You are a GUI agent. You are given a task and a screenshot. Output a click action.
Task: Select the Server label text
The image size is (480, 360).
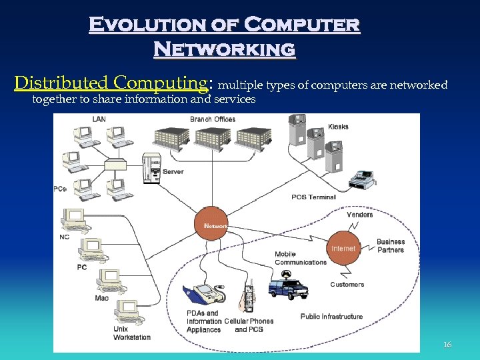tap(173, 171)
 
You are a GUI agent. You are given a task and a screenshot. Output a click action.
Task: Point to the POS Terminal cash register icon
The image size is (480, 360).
tap(364, 179)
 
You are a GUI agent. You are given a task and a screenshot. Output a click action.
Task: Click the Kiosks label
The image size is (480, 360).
tap(338, 127)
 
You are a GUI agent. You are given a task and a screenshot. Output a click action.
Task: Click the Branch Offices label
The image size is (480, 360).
tap(213, 119)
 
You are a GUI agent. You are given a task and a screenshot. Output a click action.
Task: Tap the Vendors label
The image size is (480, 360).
tap(360, 215)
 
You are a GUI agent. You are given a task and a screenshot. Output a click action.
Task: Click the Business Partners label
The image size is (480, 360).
tap(391, 246)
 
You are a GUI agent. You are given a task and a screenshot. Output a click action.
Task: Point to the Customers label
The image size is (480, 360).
tap(347, 285)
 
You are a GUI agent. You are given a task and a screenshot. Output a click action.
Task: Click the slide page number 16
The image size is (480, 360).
tap(447, 345)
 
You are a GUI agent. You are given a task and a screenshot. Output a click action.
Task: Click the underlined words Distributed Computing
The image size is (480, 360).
tap(111, 83)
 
